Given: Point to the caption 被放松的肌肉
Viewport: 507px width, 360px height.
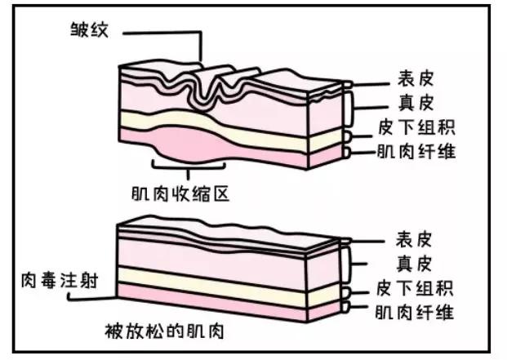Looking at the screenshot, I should click(164, 332).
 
